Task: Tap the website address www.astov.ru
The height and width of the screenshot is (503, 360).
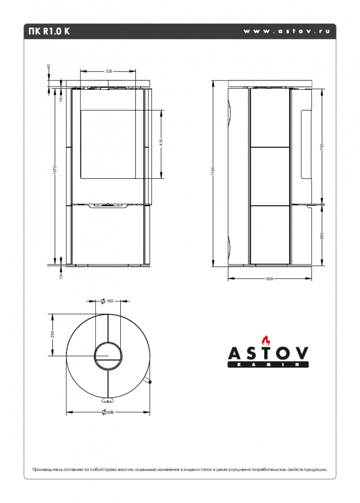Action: coord(286,31)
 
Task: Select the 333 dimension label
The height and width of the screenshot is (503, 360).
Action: coord(109,71)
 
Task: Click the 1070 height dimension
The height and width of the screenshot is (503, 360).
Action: coord(55,171)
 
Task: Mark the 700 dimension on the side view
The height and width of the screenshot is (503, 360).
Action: coord(322,148)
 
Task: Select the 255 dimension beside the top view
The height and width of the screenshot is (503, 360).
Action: coord(52,334)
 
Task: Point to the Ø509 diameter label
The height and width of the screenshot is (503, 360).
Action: coord(107,412)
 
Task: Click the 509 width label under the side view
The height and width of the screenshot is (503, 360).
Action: coord(269,279)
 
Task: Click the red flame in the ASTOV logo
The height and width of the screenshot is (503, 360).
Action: coord(267,341)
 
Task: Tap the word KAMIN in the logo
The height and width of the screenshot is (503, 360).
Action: coord(268,365)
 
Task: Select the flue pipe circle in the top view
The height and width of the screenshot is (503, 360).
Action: coord(108,356)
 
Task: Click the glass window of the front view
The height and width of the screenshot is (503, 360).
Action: coord(109,144)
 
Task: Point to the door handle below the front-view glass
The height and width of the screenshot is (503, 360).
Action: coord(108,206)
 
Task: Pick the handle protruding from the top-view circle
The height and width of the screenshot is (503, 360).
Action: coord(149,382)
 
